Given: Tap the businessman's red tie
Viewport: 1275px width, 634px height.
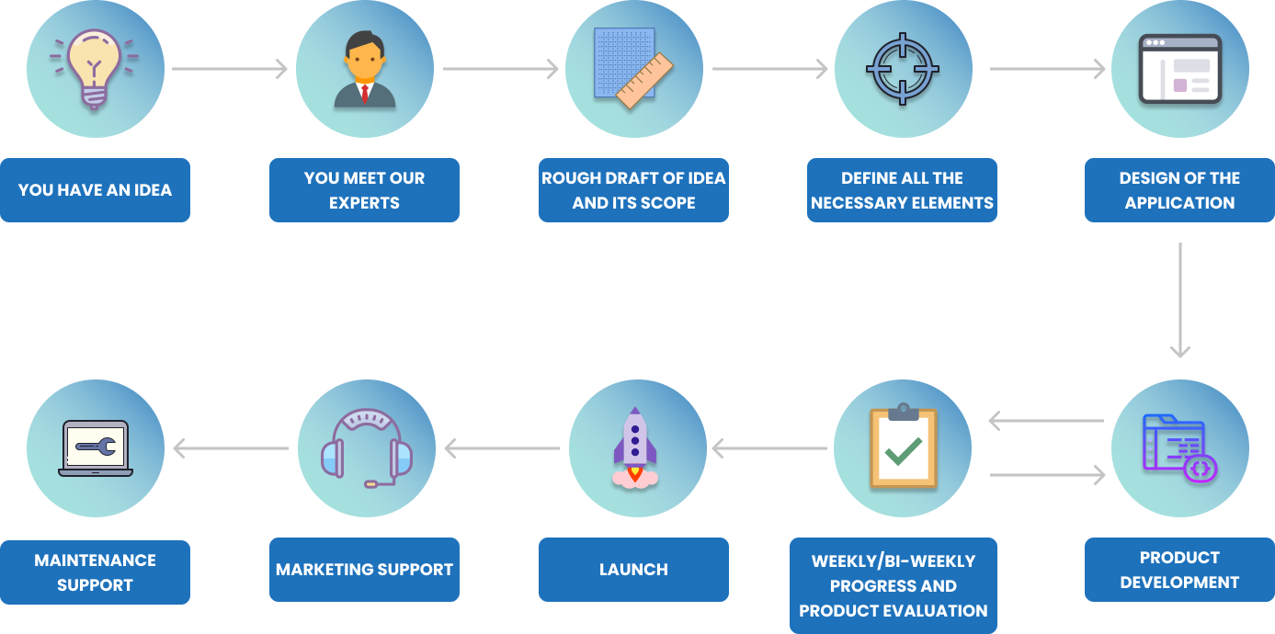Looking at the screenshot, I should (x=365, y=93).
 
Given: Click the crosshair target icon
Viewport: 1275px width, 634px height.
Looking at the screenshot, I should (x=903, y=69).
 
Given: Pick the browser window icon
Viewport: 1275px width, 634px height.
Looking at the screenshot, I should (x=1180, y=69).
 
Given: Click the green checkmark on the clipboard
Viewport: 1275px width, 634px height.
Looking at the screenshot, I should (x=904, y=450).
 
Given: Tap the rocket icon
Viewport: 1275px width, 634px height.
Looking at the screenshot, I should (x=635, y=447).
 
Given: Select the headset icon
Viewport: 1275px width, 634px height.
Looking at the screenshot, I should (x=366, y=448).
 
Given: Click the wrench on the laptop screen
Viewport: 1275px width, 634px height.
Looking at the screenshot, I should (x=95, y=447).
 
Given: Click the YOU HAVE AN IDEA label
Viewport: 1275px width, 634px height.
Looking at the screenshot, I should (x=95, y=190).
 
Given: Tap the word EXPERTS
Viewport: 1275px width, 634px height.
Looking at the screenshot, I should (x=364, y=203).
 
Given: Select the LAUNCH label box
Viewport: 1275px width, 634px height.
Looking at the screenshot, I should (x=633, y=570).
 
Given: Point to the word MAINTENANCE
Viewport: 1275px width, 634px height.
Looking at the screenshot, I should (x=95, y=560).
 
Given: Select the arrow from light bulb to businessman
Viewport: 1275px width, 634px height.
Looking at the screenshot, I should (x=230, y=69).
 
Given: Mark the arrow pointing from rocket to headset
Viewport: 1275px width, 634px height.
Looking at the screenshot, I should (x=502, y=448).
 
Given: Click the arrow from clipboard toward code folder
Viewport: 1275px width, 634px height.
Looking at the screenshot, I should (x=1047, y=475).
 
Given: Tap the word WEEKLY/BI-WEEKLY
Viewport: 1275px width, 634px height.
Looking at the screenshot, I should (x=893, y=560).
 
